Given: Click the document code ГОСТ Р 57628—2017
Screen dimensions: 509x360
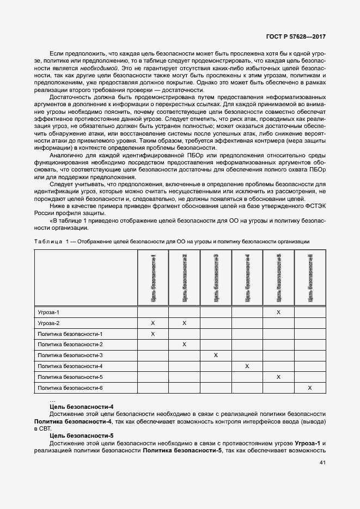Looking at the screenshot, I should coord(292,38).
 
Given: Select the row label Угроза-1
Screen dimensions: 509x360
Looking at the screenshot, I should coord(48,312).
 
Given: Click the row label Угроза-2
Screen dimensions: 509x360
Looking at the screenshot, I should coord(48,323).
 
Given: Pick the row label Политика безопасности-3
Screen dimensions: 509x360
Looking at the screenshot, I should coord(70,355).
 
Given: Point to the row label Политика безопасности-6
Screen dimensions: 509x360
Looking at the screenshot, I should coord(70,388).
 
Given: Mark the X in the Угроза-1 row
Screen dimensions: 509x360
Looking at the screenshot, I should coord(279,312).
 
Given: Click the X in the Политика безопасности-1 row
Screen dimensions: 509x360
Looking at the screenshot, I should coord(153,334).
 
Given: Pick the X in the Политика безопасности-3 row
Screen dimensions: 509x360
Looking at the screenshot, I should coord(216,355).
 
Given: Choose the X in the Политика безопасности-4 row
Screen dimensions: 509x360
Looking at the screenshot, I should coord(247,366).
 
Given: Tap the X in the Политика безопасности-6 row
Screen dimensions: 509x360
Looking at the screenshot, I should coord(310,388).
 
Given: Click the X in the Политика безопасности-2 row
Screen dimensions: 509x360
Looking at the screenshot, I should coord(185,345).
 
